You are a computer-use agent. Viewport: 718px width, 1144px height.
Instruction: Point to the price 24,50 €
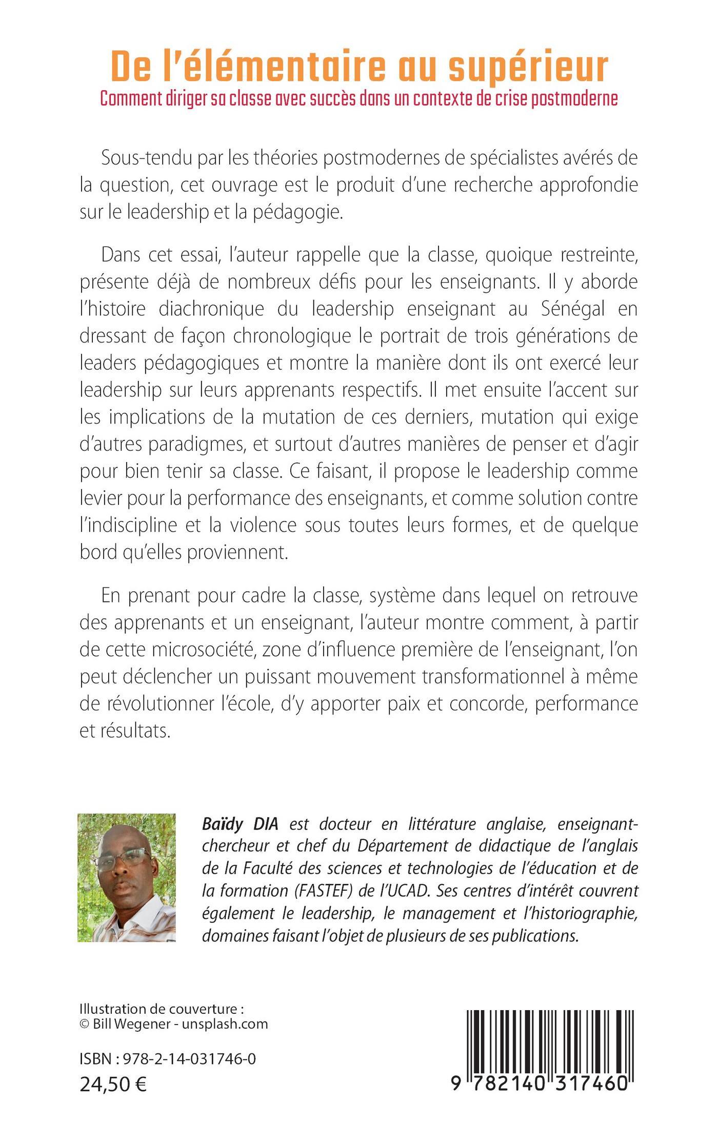click(x=113, y=1083)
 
